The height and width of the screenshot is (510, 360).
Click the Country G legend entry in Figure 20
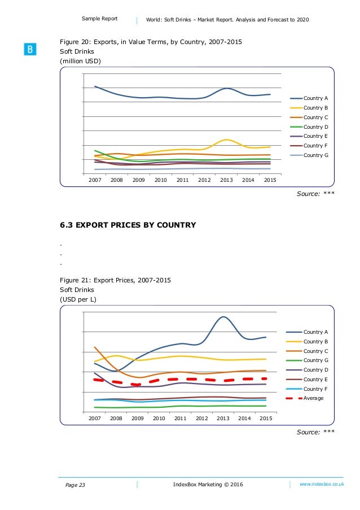(313, 155)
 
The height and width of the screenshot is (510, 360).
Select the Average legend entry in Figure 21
(313, 398)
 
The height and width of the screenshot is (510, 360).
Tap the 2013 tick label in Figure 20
(226, 180)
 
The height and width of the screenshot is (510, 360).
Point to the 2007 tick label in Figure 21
(94, 419)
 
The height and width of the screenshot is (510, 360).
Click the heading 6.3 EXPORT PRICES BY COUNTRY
(128, 225)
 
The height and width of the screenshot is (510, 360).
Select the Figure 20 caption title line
(152, 42)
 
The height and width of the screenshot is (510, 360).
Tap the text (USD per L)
(78, 299)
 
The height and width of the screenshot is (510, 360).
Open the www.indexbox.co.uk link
(322, 484)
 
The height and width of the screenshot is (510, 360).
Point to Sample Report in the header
(100, 19)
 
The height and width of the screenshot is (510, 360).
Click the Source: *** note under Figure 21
(316, 432)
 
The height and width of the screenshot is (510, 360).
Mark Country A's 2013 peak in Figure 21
(223, 317)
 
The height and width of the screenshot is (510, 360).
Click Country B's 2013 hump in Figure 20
(226, 140)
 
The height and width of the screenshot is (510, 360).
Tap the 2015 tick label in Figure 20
(270, 180)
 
